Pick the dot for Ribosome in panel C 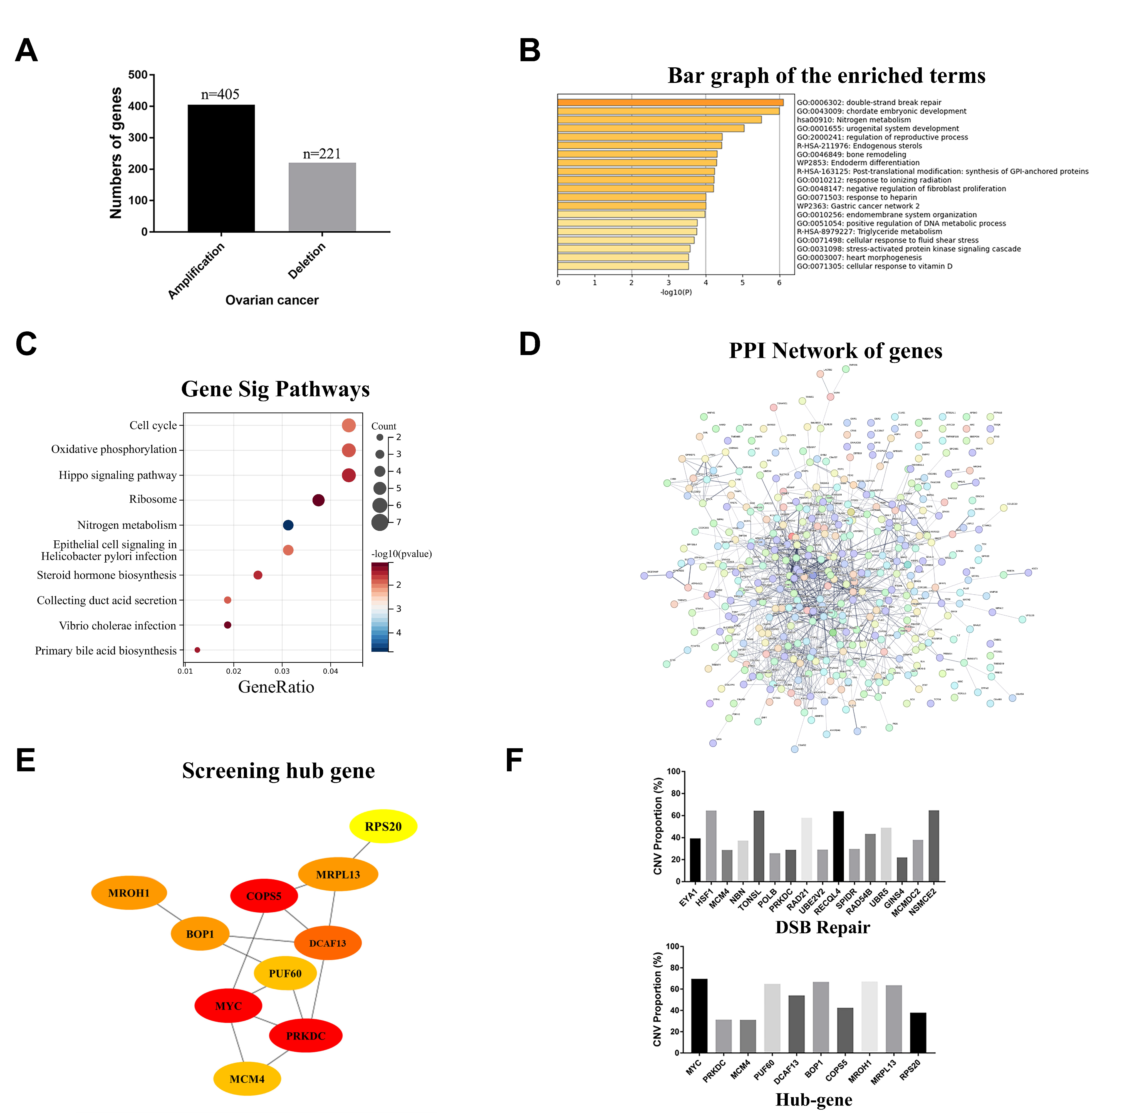click(318, 500)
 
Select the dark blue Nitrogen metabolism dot click(288, 525)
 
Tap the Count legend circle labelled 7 click(380, 522)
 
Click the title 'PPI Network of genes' click(836, 351)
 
